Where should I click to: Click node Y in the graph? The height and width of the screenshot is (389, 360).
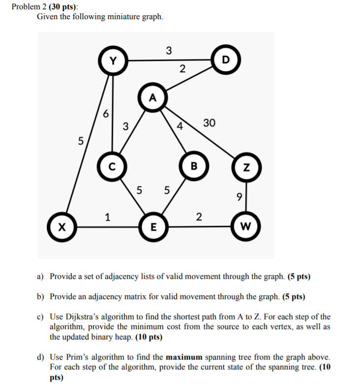113,61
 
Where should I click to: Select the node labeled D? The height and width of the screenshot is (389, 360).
226,60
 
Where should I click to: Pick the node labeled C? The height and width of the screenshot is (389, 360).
113,166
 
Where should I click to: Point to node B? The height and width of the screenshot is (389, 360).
194,166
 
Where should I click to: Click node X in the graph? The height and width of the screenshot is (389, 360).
60,228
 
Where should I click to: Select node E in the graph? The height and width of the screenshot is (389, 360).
153,228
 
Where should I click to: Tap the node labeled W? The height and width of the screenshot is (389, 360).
246,228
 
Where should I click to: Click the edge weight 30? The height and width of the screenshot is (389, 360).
209,122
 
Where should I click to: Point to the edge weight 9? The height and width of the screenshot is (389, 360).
239,198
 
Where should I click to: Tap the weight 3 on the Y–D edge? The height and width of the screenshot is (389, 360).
169,50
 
